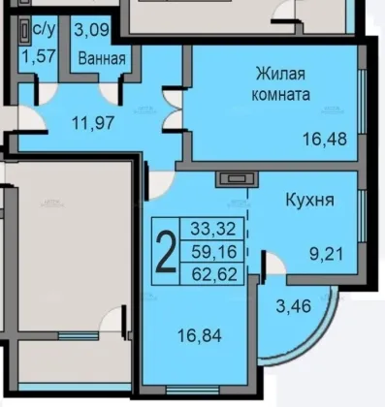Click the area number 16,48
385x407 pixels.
pyautogui.click(x=325, y=140)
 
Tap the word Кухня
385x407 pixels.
pyautogui.click(x=309, y=200)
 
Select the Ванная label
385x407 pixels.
pyautogui.click(x=102, y=59)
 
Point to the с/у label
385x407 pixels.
pyautogui.click(x=45, y=30)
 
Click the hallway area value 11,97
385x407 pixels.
pyautogui.click(x=93, y=123)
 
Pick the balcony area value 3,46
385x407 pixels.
pyautogui.click(x=294, y=306)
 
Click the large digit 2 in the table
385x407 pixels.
pyautogui.click(x=166, y=251)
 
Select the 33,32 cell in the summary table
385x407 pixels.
pyautogui.click(x=213, y=229)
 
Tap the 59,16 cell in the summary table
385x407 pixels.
pyautogui.click(x=213, y=252)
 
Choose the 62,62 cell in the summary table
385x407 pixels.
pyautogui.click(x=214, y=274)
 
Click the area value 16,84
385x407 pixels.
pyautogui.click(x=200, y=335)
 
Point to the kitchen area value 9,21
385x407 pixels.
pyautogui.click(x=326, y=254)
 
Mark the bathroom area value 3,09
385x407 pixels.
pyautogui.click(x=92, y=30)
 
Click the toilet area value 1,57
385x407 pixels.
pyautogui.click(x=39, y=56)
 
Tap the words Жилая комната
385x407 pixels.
pyautogui.click(x=280, y=84)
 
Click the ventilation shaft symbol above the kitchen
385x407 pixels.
pyautogui.click(x=237, y=179)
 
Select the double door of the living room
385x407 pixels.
pyautogui.click(x=173, y=110)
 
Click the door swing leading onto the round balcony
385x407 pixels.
pyautogui.click(x=273, y=264)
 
